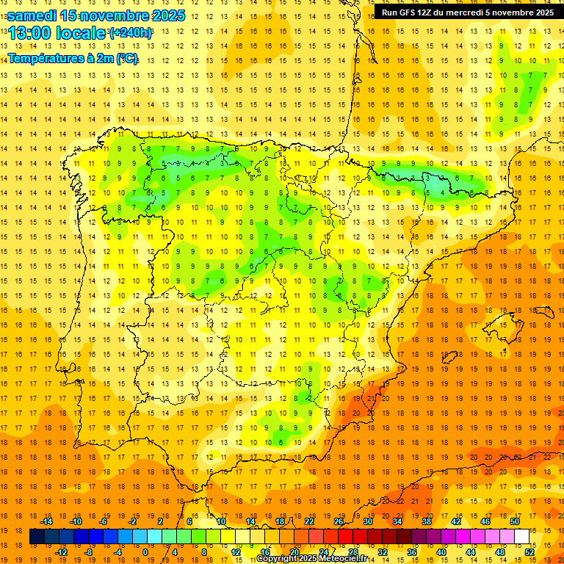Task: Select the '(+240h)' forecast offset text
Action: point(131,33)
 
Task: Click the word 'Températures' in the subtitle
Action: point(43,58)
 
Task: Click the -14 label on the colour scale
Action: point(46,521)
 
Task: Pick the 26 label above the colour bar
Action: point(339,521)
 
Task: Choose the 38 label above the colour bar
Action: point(427,521)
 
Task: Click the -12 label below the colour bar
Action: point(61,552)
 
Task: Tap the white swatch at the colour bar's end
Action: point(521,537)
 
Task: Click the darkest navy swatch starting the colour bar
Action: point(37,537)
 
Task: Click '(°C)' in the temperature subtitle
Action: point(126,58)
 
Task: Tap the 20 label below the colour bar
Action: point(294,552)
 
